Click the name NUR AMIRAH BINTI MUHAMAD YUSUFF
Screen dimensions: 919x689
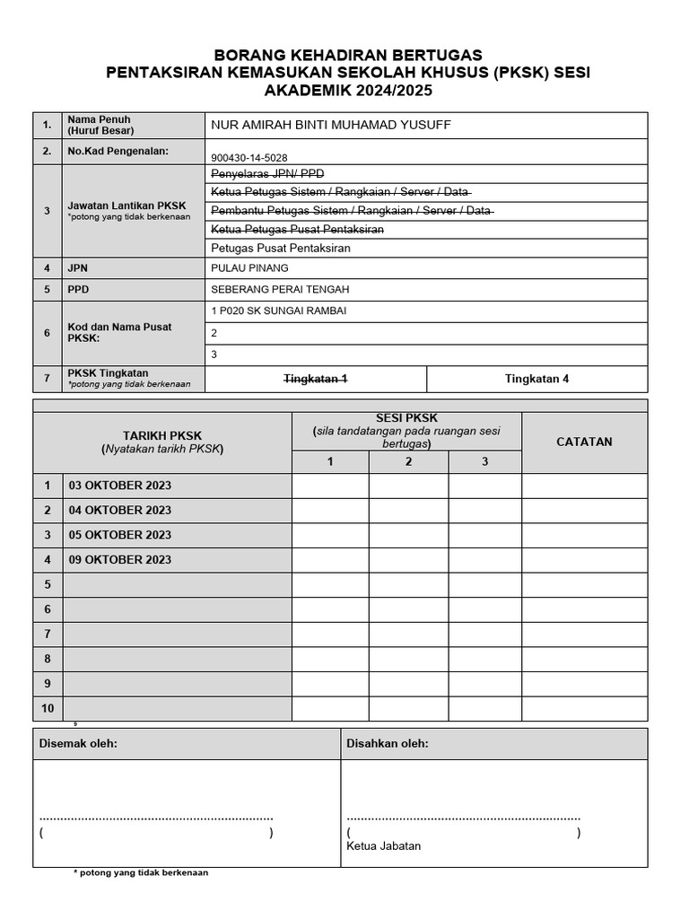[x=330, y=125]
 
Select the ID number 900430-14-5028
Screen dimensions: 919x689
[x=249, y=157]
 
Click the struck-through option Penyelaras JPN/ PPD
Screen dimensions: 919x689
[x=267, y=173]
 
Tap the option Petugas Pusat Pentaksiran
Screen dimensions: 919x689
[x=280, y=248]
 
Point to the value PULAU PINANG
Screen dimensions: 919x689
[x=249, y=267]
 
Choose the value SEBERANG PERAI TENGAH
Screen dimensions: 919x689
[x=279, y=289]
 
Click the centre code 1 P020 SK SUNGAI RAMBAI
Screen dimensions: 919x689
[x=278, y=311]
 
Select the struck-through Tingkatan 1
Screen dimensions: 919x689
[x=315, y=379]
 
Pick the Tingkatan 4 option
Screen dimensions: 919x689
[x=536, y=379]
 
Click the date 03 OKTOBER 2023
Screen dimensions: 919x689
[x=120, y=486]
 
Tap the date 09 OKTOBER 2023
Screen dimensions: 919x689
[x=120, y=559]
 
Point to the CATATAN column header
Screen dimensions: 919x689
[x=584, y=442]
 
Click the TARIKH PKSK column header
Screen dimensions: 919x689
[x=162, y=436]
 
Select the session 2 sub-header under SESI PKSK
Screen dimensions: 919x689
[x=408, y=461]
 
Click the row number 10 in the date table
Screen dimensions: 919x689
[x=48, y=708]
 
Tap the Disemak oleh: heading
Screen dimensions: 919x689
[x=78, y=744]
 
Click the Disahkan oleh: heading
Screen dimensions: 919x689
[x=388, y=744]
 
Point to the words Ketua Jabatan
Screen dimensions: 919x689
[x=383, y=845]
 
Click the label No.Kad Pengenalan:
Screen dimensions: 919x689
[x=118, y=151]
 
